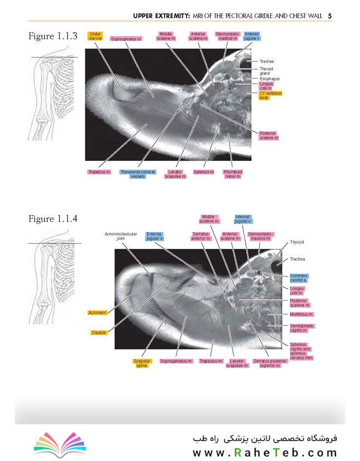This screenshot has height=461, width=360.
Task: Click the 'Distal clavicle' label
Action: click(x=96, y=36)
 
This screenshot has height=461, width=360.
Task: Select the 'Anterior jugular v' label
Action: click(x=252, y=36)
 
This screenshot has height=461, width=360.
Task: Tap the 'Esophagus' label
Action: click(x=270, y=79)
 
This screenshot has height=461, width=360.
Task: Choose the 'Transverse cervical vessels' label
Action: click(x=137, y=174)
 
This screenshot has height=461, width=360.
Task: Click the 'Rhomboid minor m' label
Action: click(x=232, y=174)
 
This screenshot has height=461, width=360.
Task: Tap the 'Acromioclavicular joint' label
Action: click(x=119, y=237)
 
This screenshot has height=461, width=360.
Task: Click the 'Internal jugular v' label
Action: click(x=243, y=220)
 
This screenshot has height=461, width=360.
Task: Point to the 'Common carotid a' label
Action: click(x=299, y=278)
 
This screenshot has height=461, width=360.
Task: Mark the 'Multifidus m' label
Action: click(x=301, y=315)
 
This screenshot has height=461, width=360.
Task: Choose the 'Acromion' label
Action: click(x=97, y=313)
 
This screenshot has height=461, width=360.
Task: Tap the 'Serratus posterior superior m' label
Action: click(x=266, y=363)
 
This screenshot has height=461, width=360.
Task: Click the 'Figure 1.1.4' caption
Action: click(x=53, y=219)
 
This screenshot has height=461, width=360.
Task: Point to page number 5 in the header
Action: click(x=330, y=16)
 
